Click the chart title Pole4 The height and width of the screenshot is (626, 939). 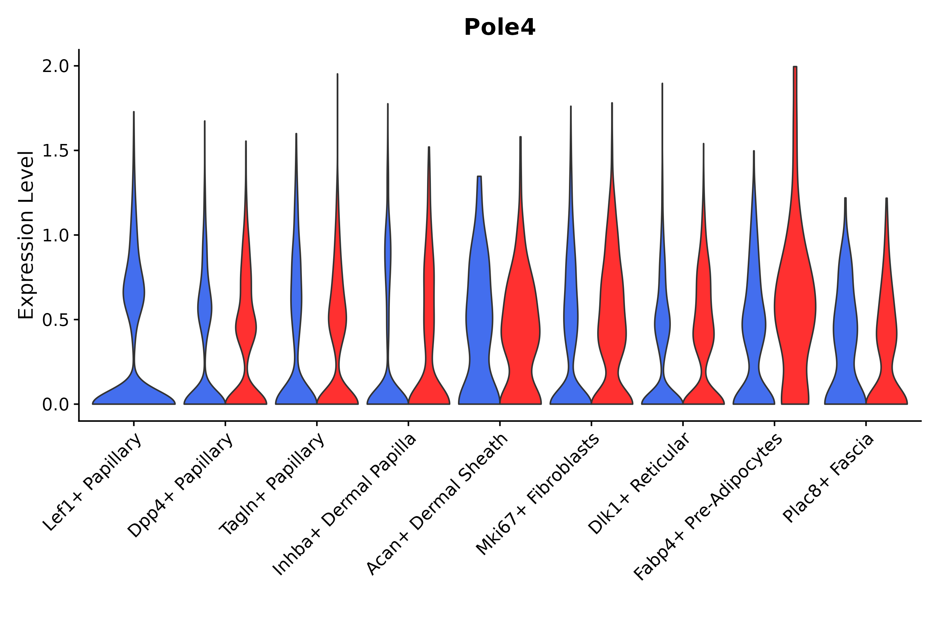(x=499, y=27)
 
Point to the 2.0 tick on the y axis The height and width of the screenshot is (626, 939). (x=56, y=66)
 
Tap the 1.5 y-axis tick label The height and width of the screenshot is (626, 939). (x=56, y=151)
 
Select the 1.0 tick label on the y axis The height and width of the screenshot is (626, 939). (x=56, y=235)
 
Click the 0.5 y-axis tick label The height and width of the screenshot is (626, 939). (x=56, y=320)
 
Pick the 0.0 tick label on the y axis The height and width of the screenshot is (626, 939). (x=56, y=404)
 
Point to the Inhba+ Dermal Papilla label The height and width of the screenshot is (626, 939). (x=345, y=505)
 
